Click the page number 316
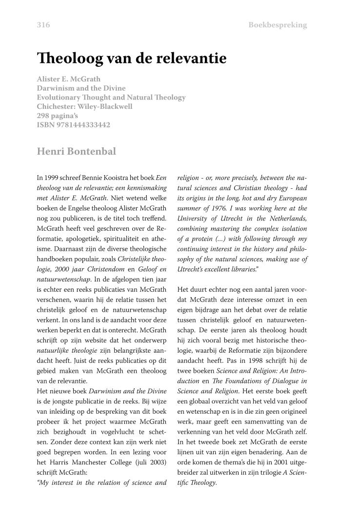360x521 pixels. tap(43, 25)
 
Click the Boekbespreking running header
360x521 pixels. tap(278, 25)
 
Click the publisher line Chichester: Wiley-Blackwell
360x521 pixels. tap(84, 106)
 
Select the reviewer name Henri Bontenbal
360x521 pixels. tap(77, 151)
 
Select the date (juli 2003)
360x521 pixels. tap(149, 462)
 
